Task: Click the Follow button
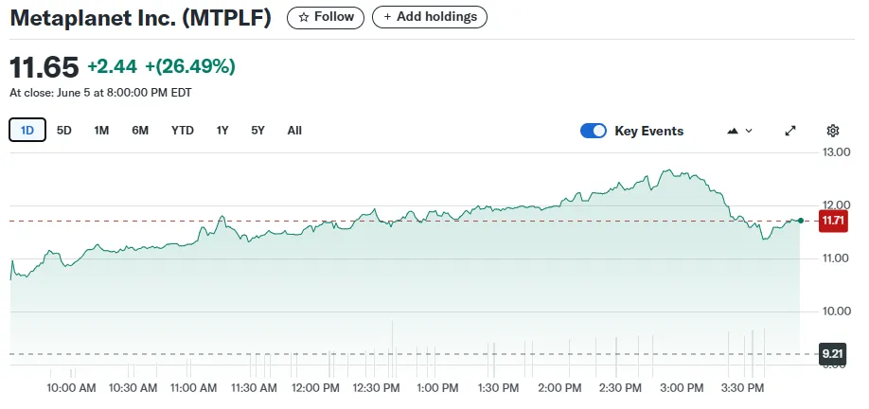point(326,17)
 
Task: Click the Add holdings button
point(430,17)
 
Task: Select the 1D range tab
point(27,131)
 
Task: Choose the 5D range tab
point(64,131)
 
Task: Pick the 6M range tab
point(140,131)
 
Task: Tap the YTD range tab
point(183,131)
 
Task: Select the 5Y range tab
point(257,131)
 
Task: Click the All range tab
point(294,131)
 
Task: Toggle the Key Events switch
point(594,131)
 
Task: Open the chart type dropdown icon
point(739,131)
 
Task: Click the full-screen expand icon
point(790,131)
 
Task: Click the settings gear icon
point(833,131)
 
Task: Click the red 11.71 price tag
point(833,221)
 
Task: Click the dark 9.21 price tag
point(833,354)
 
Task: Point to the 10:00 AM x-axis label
point(71,388)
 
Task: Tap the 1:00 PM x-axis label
point(437,388)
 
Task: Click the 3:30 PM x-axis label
point(743,388)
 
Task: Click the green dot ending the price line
point(801,221)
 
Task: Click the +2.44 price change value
point(112,66)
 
